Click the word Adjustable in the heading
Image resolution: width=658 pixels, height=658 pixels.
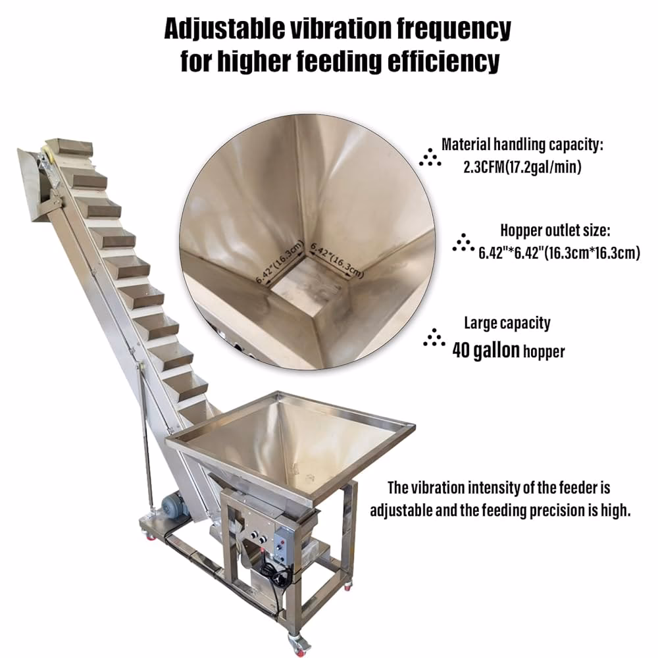222,29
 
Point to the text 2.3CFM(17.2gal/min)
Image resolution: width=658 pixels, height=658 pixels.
522,167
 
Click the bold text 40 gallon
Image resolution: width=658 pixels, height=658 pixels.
486,351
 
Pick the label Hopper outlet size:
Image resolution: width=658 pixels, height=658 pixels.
555,230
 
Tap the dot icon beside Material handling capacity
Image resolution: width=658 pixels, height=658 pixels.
430,157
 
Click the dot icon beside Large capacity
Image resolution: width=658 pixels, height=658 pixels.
434,338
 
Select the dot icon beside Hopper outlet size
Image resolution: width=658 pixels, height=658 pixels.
463,243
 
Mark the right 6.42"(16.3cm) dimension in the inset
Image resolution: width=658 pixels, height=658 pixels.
336,260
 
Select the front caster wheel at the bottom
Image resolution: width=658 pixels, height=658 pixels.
298,642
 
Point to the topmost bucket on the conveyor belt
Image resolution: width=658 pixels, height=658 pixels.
74,147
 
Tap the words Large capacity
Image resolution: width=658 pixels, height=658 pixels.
507,323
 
